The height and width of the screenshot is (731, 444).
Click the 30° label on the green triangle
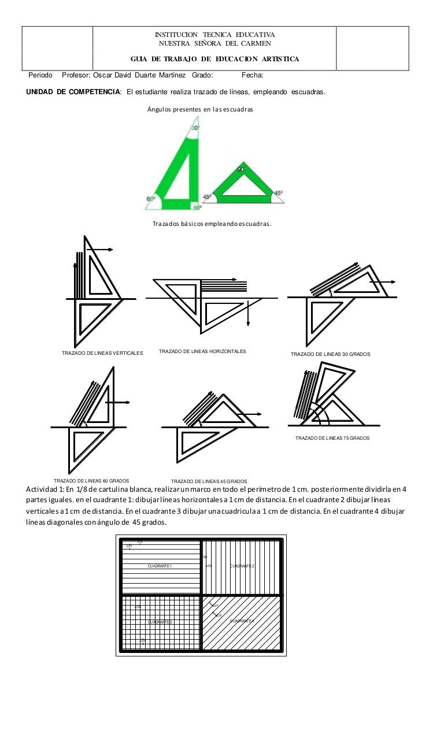tap(195, 128)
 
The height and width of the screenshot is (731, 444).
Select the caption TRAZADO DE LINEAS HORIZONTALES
tap(202, 351)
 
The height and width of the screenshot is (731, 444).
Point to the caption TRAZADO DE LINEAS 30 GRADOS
tap(330, 354)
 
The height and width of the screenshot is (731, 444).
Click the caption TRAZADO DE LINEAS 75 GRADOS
tap(332, 438)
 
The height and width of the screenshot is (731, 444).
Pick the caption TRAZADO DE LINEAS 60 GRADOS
tap(91, 480)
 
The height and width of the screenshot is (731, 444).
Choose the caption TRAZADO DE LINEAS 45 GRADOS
tap(209, 481)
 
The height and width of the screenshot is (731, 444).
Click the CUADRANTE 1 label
tap(160, 566)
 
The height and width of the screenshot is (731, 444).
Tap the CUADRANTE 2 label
tap(242, 566)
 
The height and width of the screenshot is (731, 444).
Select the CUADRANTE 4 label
tap(242, 621)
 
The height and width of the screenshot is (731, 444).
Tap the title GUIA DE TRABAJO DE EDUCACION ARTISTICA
tap(214, 60)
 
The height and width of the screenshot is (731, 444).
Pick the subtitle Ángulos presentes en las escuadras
tap(200, 109)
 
